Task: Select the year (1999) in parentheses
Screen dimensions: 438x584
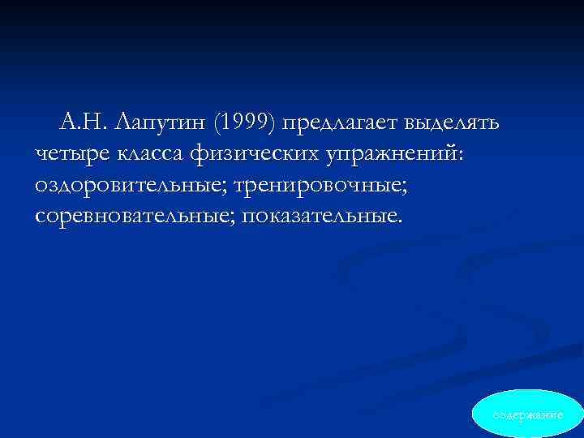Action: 246,123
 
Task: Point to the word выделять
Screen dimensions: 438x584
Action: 453,123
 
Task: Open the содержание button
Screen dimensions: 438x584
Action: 528,414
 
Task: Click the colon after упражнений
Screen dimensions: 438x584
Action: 462,157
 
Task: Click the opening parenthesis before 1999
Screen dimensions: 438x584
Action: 214,123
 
